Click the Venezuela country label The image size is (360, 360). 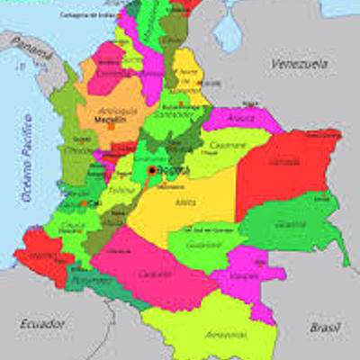click(x=301, y=65)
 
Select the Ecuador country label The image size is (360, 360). click(x=42, y=321)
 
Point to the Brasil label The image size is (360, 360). click(x=325, y=328)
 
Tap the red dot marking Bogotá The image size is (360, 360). click(x=152, y=170)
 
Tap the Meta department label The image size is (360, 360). click(x=186, y=202)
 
